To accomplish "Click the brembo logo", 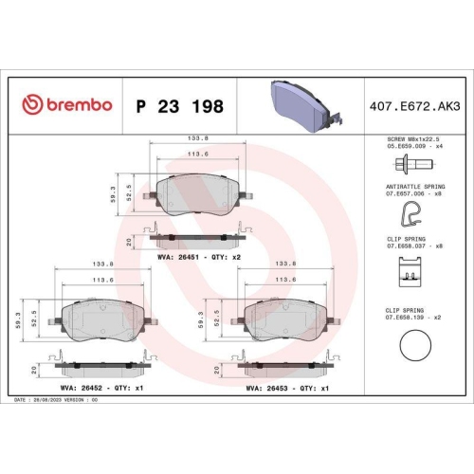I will pyautogui.click(x=65, y=104).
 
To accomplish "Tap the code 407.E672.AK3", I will pyautogui.click(x=412, y=104).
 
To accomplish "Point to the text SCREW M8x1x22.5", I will pyautogui.click(x=410, y=139).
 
